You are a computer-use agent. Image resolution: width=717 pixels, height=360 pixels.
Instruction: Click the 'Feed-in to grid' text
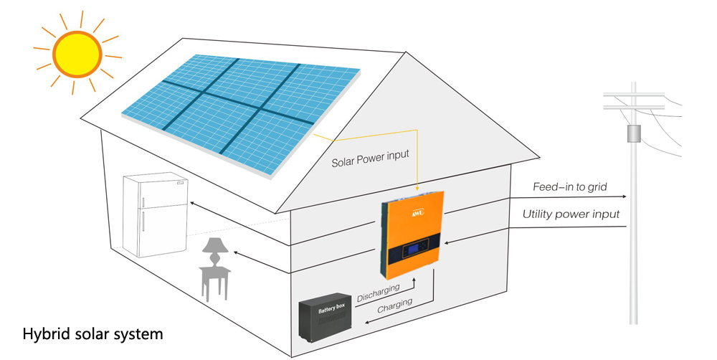[x=570, y=187]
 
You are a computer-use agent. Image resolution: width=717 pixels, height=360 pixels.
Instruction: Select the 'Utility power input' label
[x=571, y=214]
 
